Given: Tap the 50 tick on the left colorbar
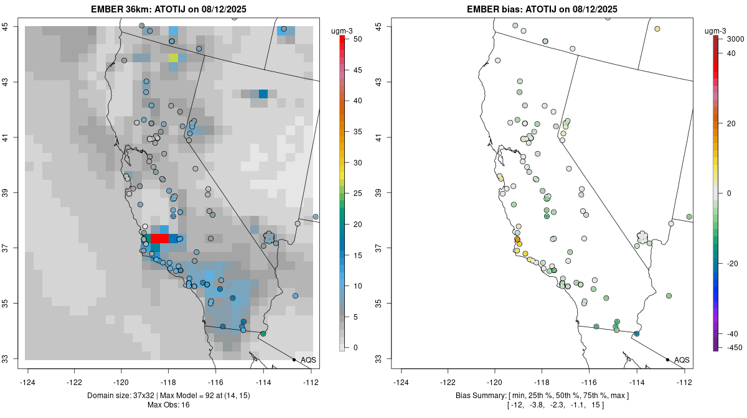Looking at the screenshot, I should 357,39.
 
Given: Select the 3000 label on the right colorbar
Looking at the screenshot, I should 735,39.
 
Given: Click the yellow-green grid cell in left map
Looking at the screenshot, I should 173,58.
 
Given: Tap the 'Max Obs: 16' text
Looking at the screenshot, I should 169,405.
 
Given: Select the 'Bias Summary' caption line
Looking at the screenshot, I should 542,396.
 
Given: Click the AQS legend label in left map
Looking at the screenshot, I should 308,360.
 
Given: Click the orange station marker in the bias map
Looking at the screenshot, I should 517,239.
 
